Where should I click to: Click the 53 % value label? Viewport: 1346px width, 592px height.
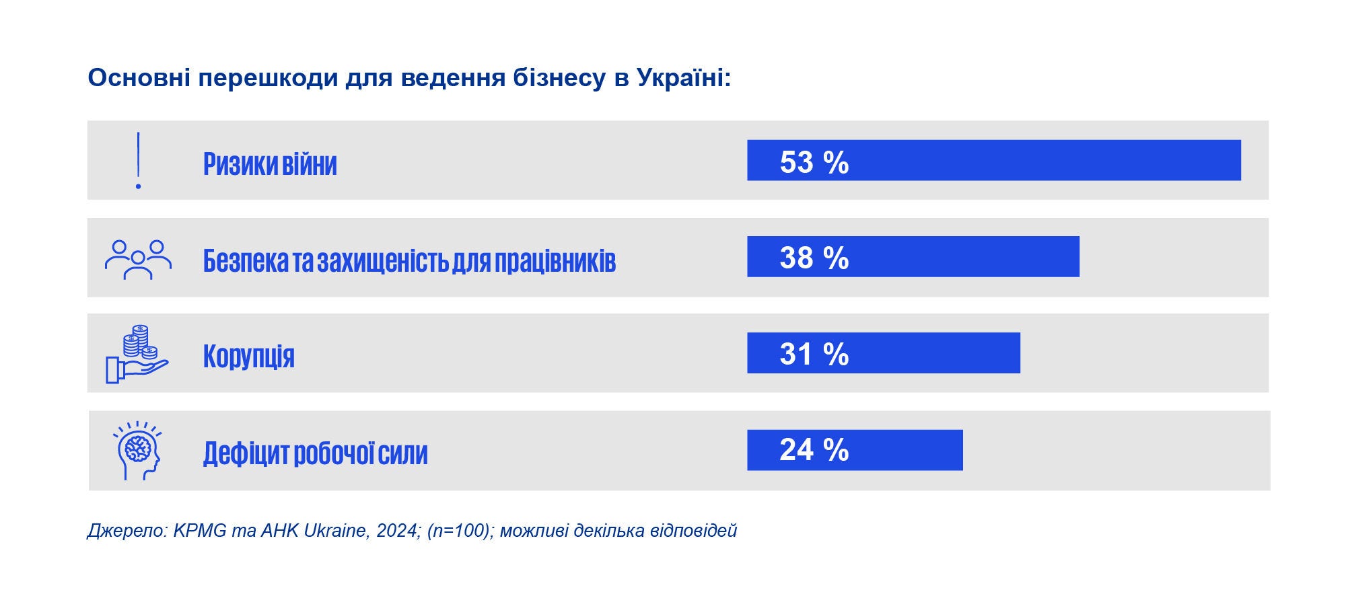[814, 162]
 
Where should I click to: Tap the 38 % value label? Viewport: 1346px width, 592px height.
[814, 258]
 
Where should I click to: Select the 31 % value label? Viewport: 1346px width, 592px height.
[814, 354]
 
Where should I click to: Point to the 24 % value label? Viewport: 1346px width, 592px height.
[814, 449]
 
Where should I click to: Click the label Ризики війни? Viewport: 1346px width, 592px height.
[270, 163]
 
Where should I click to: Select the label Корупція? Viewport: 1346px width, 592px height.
[248, 355]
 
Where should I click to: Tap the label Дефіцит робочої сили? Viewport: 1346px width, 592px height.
[315, 453]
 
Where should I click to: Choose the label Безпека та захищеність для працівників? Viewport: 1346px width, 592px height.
[409, 260]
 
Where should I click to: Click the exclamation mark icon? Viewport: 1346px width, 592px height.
[138, 160]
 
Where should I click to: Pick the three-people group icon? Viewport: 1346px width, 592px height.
[138, 259]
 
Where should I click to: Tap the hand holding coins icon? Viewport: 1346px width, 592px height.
[137, 354]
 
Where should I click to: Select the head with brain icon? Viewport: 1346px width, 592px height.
[138, 450]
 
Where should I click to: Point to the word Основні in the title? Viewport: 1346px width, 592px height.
[139, 78]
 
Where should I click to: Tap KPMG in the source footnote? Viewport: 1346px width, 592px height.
[200, 531]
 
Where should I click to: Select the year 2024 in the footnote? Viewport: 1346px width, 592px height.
[398, 531]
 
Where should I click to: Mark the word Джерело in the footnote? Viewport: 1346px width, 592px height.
[126, 531]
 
